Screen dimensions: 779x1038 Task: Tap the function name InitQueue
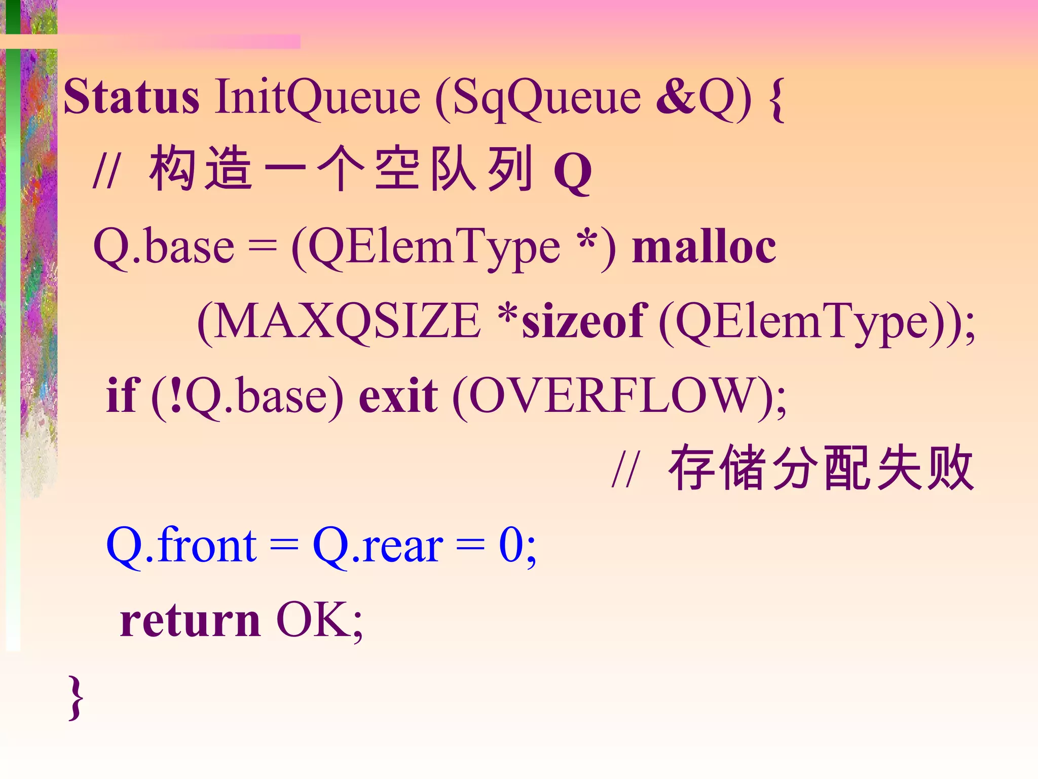[x=317, y=97]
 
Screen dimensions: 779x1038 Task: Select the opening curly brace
[x=776, y=99]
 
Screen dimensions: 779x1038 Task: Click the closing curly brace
[x=76, y=697]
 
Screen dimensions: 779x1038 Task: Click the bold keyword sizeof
[x=582, y=322]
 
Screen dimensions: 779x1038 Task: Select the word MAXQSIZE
[x=348, y=322]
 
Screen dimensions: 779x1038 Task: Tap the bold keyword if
[x=121, y=396]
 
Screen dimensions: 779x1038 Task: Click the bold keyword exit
[x=398, y=396]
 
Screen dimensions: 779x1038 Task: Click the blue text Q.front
[x=181, y=546]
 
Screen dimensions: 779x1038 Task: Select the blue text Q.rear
[x=378, y=546]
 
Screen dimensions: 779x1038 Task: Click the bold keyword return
[x=190, y=621]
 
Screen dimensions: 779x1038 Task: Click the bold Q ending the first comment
[x=573, y=172]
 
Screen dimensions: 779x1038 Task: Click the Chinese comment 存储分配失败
[x=821, y=469]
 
